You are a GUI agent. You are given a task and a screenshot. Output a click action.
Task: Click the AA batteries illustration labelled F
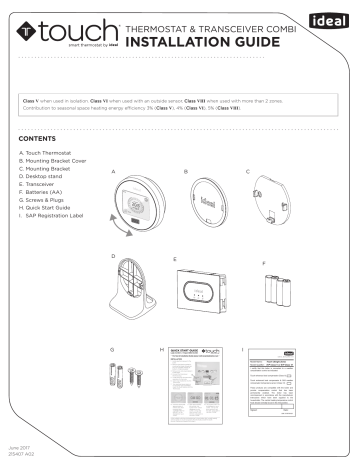click(279, 289)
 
